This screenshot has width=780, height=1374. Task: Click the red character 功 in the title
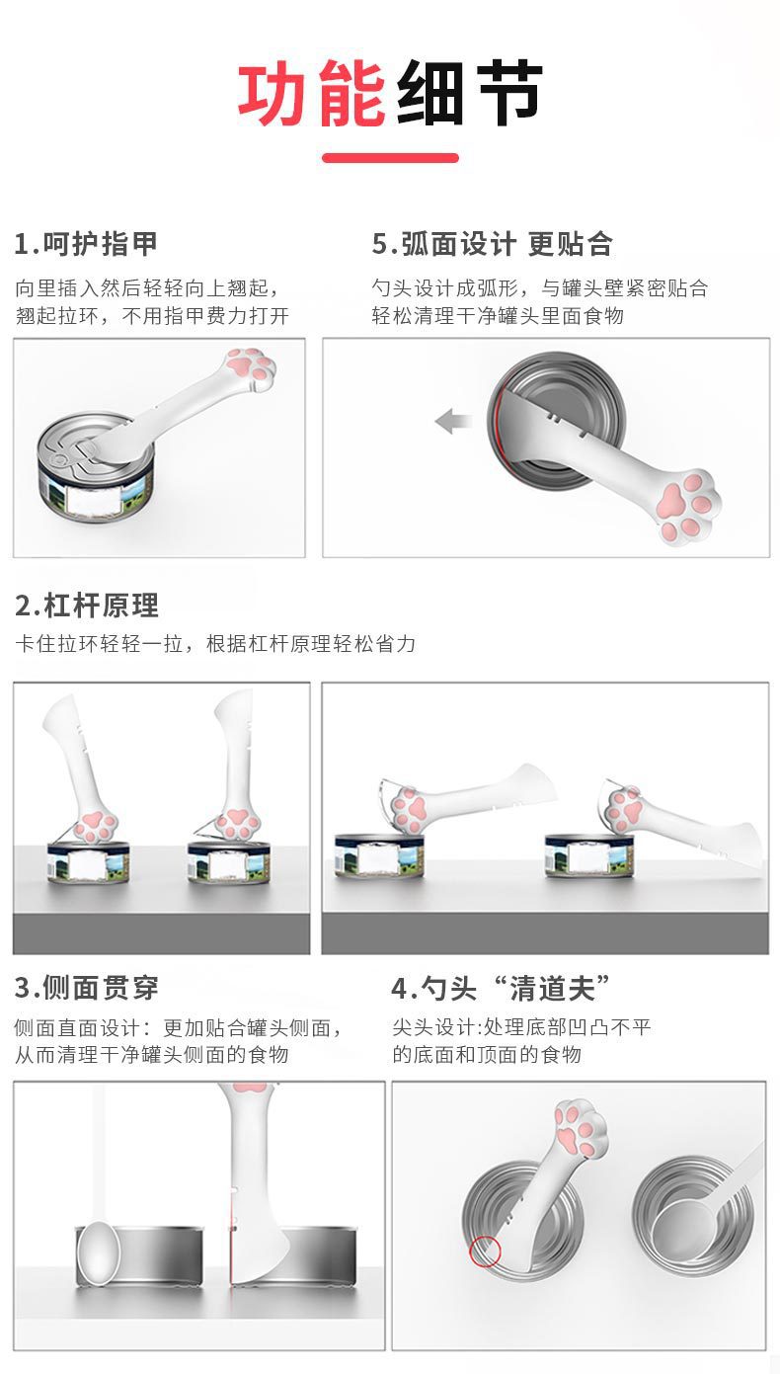pyautogui.click(x=273, y=93)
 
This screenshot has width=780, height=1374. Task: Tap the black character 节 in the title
pyautogui.click(x=507, y=93)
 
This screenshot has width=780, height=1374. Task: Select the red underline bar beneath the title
pyautogui.click(x=390, y=158)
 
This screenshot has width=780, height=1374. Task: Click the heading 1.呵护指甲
pyautogui.click(x=86, y=244)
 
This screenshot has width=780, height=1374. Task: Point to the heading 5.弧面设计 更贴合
pyautogui.click(x=493, y=244)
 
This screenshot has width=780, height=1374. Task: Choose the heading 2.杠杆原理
pyautogui.click(x=87, y=606)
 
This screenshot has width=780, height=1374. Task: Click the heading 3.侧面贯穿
pyautogui.click(x=87, y=988)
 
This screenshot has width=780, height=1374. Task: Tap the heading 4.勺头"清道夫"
pyautogui.click(x=501, y=988)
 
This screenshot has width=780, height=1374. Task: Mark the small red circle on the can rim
pyautogui.click(x=485, y=1252)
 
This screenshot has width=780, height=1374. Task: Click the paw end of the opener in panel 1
pyautogui.click(x=251, y=370)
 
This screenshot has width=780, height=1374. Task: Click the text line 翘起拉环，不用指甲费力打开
pyautogui.click(x=152, y=316)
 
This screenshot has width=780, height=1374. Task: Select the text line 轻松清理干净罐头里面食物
pyautogui.click(x=498, y=316)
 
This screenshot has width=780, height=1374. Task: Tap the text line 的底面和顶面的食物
pyautogui.click(x=487, y=1054)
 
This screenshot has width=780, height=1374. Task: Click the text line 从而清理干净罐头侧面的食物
pyautogui.click(x=151, y=1054)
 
